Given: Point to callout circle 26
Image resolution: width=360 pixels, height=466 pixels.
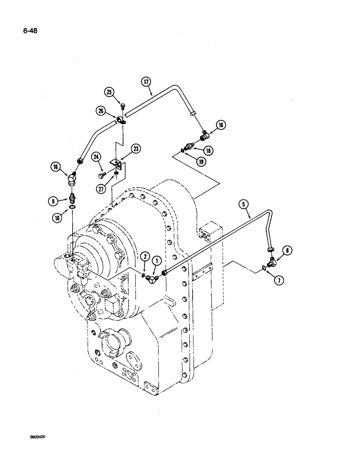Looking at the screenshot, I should tap(101, 111).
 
